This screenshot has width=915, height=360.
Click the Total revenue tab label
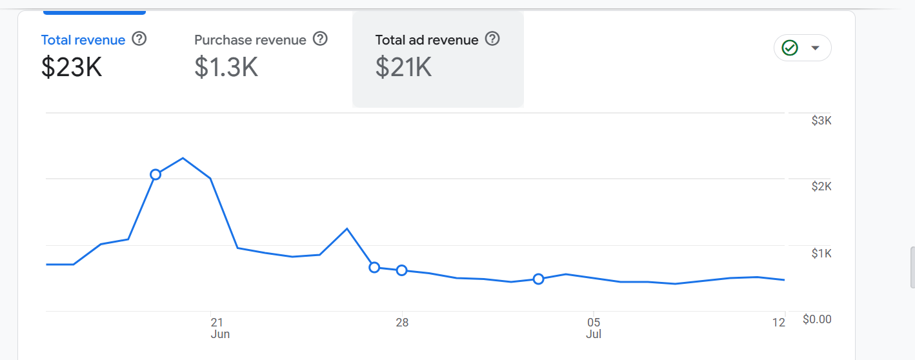[x=83, y=40]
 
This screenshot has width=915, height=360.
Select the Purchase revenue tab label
[x=250, y=40]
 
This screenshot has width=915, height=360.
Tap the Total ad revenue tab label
[x=427, y=40]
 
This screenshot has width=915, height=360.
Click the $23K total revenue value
[x=72, y=67]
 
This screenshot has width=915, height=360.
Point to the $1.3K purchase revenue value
[x=226, y=67]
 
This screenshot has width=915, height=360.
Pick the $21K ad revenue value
[x=403, y=67]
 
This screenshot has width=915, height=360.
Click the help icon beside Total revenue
[x=139, y=39]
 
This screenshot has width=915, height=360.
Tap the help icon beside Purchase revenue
[x=320, y=39]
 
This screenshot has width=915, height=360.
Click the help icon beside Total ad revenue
[x=492, y=39]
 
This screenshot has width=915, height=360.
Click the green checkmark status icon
[x=790, y=48]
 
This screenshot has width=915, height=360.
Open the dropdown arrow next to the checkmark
[x=816, y=48]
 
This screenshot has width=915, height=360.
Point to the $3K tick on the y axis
[x=821, y=121]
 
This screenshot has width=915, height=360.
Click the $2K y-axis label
[x=821, y=186]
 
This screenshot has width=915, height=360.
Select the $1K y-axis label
[x=821, y=254]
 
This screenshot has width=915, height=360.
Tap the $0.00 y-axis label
[x=817, y=319]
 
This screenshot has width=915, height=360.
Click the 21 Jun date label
[x=220, y=328]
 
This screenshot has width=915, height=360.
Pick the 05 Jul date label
[x=594, y=328]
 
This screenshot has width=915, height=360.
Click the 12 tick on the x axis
[x=779, y=323]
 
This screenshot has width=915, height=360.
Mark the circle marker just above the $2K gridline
[x=156, y=174]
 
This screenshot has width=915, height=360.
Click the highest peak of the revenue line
[x=183, y=158]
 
